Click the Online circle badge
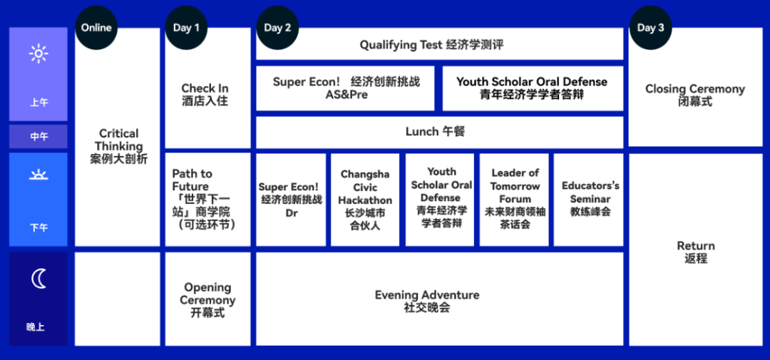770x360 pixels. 96,28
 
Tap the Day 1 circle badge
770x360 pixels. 186,28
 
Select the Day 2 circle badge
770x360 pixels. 277,28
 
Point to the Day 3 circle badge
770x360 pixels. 651,28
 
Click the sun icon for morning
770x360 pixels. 38,53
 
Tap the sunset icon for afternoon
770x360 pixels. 38,175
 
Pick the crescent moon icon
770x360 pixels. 38,279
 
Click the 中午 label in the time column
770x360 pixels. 38,137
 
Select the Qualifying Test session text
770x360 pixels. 431,45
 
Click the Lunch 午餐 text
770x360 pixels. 435,132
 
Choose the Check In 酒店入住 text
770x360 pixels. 205,95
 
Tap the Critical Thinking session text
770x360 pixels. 118,146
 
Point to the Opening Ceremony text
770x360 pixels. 207,299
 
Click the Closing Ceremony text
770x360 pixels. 695,96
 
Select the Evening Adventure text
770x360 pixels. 427,301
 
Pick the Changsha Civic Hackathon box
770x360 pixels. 365,200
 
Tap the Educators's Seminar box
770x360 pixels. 589,200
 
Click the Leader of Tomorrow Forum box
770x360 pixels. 514,200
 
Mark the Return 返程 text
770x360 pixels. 696,252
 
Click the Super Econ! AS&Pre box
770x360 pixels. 345,88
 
